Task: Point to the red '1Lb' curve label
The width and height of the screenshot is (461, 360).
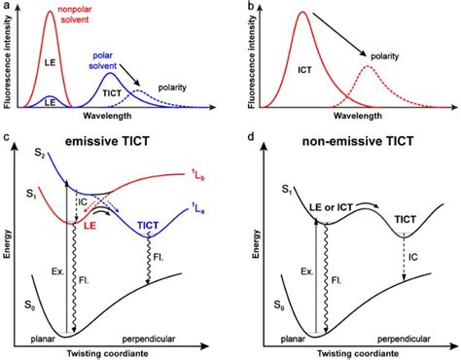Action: pos(200,174)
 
